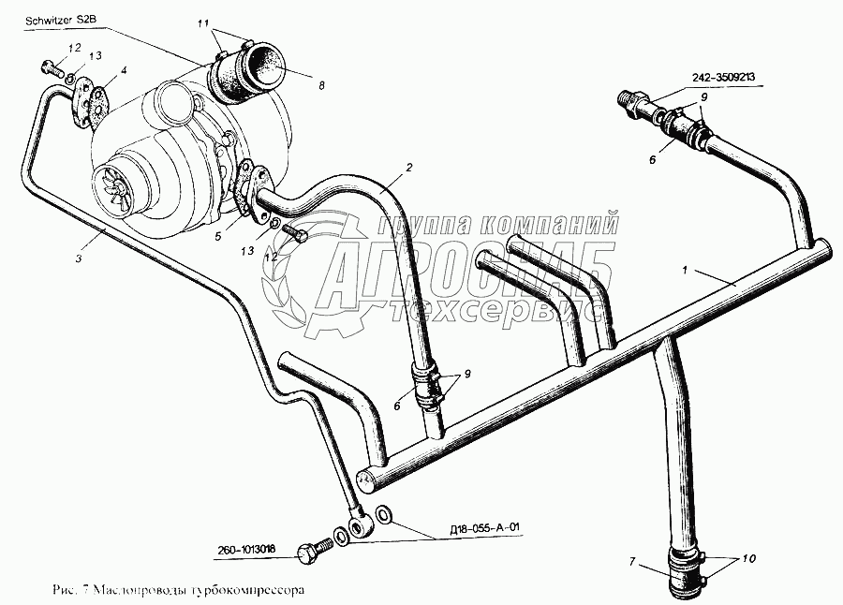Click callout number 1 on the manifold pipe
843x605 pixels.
[x=687, y=271]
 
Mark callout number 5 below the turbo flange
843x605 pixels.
[x=217, y=237]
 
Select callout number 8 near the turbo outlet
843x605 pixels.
[x=320, y=85]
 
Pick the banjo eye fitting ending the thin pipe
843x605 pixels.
[x=362, y=525]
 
